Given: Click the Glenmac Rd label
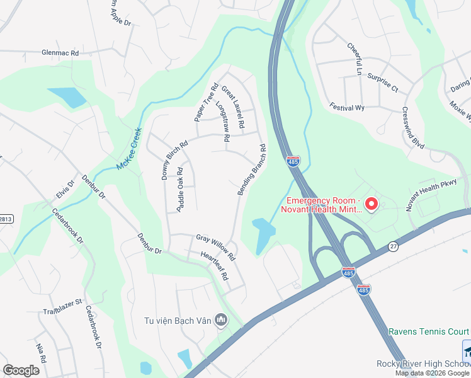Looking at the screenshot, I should pyautogui.click(x=60, y=54).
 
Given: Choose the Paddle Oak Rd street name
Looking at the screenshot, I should pyautogui.click(x=180, y=190).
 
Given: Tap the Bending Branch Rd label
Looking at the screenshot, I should pyautogui.click(x=251, y=170).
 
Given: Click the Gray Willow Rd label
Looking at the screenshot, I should pyautogui.click(x=215, y=248).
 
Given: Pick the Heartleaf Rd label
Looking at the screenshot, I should pyautogui.click(x=213, y=266).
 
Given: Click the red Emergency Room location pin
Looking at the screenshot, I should pyautogui.click(x=372, y=204).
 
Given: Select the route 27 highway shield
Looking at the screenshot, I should pyautogui.click(x=394, y=246).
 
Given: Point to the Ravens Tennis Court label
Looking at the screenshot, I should pyautogui.click(x=429, y=331).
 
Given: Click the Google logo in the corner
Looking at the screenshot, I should pyautogui.click(x=21, y=370).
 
